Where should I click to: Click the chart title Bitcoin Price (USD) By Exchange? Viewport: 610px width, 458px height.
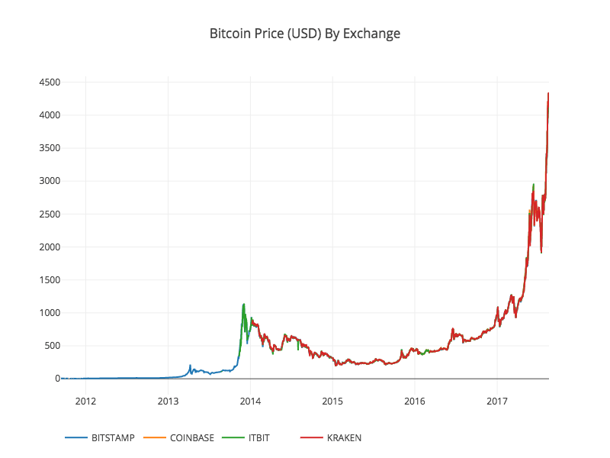305,34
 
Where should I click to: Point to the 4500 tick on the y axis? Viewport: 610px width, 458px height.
50,82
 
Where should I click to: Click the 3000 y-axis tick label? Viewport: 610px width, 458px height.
50,181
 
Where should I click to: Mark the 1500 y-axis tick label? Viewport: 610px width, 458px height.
50,280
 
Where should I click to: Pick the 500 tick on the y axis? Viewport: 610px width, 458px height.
53,346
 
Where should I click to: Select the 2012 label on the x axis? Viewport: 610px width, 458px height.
85,401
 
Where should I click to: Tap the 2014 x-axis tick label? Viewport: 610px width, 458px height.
250,401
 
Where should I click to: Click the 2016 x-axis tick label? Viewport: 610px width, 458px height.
415,401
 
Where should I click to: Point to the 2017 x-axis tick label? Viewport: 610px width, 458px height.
497,401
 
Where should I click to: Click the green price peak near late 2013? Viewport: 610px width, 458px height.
243,305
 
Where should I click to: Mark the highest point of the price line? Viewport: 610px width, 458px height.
548,93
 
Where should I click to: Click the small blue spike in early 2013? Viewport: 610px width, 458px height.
190,366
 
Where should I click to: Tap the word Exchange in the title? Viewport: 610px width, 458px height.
374,34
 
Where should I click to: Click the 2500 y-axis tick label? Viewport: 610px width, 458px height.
50,214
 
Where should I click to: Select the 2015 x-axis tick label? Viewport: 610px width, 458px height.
332,401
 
